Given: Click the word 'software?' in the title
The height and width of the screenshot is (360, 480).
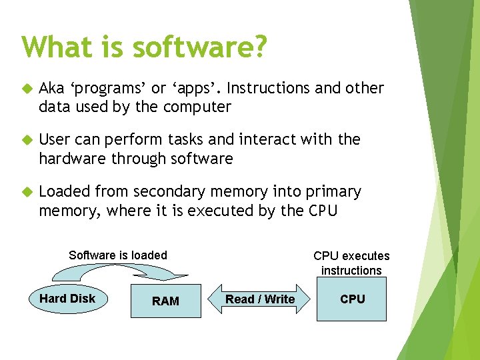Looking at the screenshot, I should click(x=199, y=47).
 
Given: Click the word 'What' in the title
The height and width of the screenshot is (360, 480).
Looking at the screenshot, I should click(x=55, y=47).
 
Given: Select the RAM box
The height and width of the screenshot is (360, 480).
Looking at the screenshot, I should click(x=165, y=301).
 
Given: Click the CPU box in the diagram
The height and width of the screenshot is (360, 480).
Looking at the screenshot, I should click(x=352, y=299).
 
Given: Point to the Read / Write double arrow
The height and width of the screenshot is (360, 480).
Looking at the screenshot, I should click(x=260, y=299).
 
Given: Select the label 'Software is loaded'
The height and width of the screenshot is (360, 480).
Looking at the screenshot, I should click(x=118, y=255).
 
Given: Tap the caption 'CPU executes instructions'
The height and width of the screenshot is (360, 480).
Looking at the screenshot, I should click(x=351, y=263).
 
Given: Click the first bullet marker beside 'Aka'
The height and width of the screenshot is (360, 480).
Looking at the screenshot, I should click(x=27, y=89).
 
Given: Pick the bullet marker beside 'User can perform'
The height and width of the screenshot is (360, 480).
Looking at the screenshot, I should click(x=27, y=140).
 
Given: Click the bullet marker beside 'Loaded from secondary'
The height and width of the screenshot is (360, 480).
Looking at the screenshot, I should click(x=27, y=193).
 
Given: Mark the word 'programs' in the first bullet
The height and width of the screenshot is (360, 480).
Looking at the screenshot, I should click(x=105, y=89).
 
